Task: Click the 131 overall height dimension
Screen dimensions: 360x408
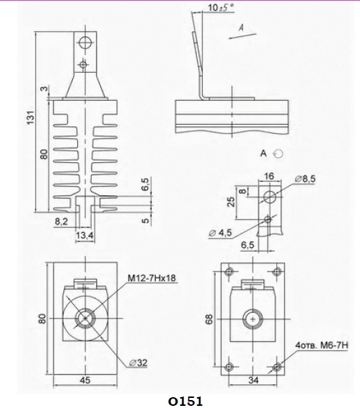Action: click(31, 117)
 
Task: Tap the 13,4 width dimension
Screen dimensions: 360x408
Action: click(84, 236)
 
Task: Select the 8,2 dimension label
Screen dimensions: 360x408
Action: click(61, 221)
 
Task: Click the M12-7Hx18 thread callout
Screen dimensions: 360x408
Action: click(152, 278)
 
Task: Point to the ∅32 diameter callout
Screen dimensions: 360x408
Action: click(138, 363)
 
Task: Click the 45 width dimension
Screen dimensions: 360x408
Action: click(85, 380)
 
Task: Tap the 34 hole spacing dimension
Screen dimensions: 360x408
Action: click(253, 380)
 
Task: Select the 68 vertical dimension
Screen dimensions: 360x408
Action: click(209, 319)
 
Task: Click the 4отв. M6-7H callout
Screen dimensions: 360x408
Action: click(322, 345)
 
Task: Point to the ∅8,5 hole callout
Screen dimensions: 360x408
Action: click(305, 179)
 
